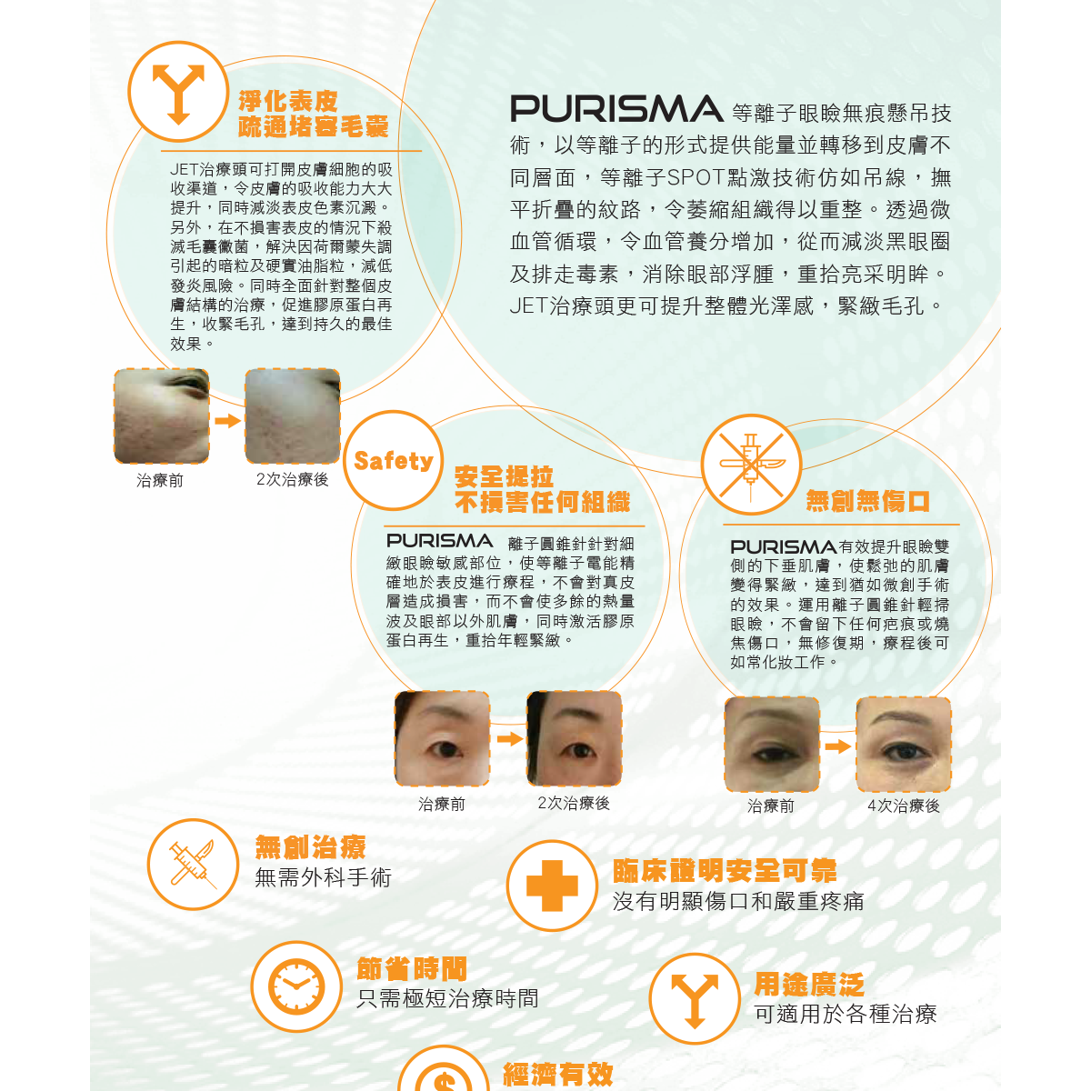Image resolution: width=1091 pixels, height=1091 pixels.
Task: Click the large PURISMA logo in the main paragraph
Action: tap(616, 109)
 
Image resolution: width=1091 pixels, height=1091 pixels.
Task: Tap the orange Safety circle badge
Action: tap(393, 461)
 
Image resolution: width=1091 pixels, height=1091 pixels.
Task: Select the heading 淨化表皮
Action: tap(288, 101)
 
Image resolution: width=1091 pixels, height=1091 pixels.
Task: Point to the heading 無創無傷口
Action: tap(867, 501)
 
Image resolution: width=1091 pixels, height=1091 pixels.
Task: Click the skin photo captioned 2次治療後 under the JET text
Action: tap(293, 416)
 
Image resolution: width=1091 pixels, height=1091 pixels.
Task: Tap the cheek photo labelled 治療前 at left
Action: tap(161, 416)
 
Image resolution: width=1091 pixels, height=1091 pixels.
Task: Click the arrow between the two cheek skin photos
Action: tap(227, 420)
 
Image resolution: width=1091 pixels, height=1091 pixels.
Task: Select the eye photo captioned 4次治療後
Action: tap(903, 745)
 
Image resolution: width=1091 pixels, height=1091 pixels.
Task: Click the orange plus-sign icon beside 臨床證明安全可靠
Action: tap(553, 886)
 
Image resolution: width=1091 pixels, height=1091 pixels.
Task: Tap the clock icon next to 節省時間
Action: tap(296, 986)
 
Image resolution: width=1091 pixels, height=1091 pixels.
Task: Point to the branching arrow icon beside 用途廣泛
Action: tap(695, 998)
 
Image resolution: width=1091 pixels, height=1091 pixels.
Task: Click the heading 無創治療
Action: tap(310, 847)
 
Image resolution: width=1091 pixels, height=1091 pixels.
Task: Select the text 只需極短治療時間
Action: tap(447, 998)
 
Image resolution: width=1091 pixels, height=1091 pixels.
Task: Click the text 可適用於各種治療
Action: tap(846, 1014)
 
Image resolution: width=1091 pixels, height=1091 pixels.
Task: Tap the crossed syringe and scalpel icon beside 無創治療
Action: tap(193, 864)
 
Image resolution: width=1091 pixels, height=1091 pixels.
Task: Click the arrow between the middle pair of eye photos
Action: tap(509, 739)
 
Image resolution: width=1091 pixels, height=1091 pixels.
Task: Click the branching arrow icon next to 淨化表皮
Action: tap(178, 91)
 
